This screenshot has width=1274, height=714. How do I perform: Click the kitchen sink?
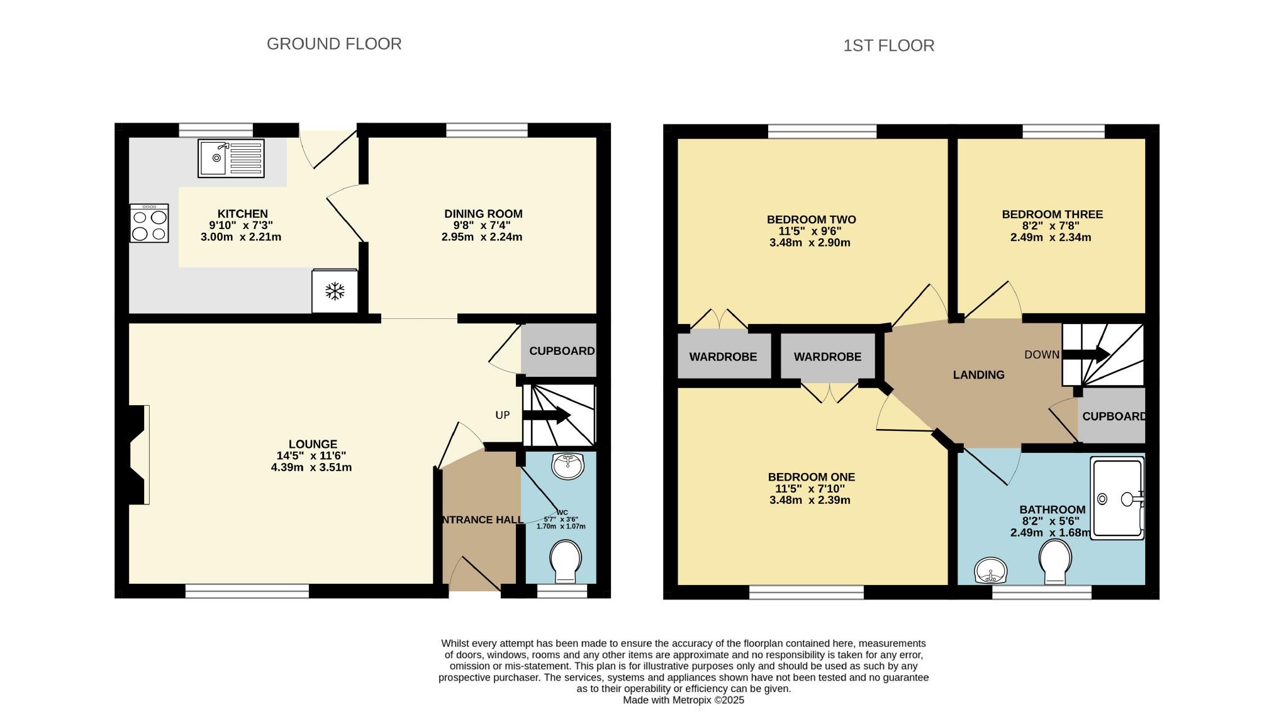click(x=231, y=158)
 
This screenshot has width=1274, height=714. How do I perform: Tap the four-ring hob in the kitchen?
click(x=149, y=223)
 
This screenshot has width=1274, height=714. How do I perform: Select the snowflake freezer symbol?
click(x=335, y=291)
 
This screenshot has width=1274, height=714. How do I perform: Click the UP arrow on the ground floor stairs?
click(x=546, y=415)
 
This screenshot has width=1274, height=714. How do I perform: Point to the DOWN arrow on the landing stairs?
click(x=1086, y=354)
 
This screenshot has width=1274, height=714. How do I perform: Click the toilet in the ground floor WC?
click(x=564, y=562)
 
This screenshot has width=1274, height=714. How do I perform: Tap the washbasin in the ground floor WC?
click(x=567, y=466)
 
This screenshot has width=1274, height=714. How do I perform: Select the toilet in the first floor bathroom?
click(x=1055, y=561)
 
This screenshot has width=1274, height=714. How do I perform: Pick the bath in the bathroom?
click(x=1117, y=498)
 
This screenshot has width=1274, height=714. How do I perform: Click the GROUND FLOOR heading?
click(x=334, y=44)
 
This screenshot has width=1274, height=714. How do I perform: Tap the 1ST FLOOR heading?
click(x=888, y=45)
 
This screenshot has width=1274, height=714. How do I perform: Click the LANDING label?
click(x=978, y=375)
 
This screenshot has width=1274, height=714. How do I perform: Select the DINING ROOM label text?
click(x=483, y=214)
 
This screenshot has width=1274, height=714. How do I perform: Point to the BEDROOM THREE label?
click(x=1052, y=215)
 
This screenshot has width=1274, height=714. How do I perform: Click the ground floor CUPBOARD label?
click(x=562, y=351)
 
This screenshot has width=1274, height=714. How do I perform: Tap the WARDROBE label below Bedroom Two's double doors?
click(x=723, y=357)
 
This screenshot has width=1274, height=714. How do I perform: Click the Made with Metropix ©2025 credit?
click(x=683, y=700)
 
